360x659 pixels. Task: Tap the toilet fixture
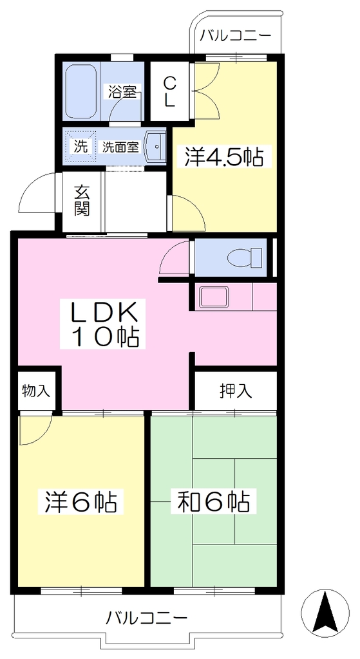click(244, 257)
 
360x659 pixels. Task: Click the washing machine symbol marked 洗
click(81, 145)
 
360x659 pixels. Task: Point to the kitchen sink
click(214, 297)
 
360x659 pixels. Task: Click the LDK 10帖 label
click(103, 323)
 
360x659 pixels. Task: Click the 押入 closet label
click(236, 391)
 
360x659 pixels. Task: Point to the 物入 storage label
click(36, 391)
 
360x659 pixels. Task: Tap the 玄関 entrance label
click(82, 201)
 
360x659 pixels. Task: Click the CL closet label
click(169, 91)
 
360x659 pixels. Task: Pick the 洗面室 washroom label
click(120, 147)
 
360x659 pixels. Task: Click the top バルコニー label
click(235, 35)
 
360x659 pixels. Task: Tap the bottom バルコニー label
click(146, 617)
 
